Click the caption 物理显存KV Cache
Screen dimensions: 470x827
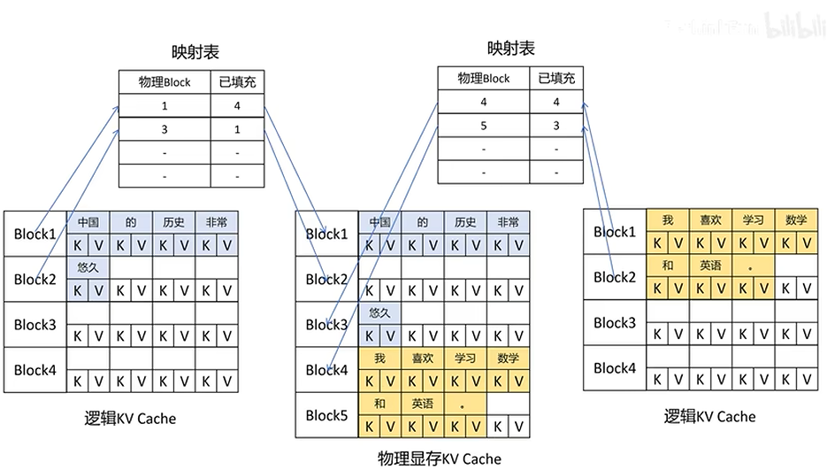(439, 458)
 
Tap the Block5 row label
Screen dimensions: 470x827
(326, 415)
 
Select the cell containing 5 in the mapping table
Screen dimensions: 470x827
(484, 125)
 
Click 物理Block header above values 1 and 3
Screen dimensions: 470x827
(165, 82)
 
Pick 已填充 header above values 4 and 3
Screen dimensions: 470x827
(556, 79)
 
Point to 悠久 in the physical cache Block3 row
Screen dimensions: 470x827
(379, 313)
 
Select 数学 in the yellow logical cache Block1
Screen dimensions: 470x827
(795, 220)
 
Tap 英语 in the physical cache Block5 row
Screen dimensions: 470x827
(423, 404)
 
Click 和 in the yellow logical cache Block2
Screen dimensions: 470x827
(668, 265)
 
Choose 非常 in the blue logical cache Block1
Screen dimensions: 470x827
(217, 222)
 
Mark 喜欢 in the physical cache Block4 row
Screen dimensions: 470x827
(423, 358)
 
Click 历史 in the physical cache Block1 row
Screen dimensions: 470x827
(465, 222)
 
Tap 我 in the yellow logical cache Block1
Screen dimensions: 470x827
(668, 220)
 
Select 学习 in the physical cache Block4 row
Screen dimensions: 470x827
(465, 358)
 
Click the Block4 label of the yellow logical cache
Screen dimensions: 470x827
(615, 367)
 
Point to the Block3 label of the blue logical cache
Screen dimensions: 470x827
(34, 325)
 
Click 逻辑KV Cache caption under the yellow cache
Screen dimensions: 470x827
(710, 416)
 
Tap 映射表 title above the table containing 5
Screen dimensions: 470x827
(511, 48)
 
